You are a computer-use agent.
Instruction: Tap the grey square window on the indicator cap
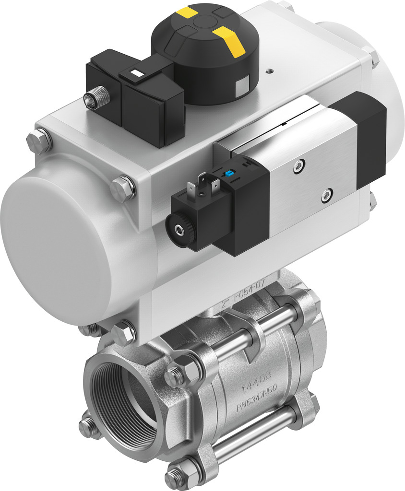click(242, 86)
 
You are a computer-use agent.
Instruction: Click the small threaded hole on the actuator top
click(269, 72)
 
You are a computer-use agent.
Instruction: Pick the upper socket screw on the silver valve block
click(299, 165)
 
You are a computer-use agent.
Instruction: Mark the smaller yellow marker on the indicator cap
click(186, 12)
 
